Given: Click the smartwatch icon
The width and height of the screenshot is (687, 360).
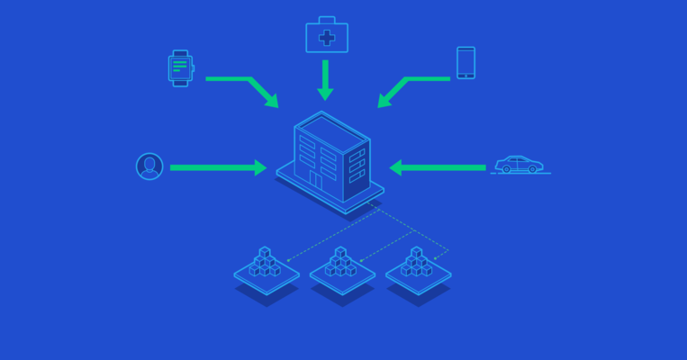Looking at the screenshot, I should pyautogui.click(x=180, y=67).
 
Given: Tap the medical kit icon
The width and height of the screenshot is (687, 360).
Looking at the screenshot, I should pyautogui.click(x=326, y=37).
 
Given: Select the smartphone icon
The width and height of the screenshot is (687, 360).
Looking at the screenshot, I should pyautogui.click(x=466, y=63).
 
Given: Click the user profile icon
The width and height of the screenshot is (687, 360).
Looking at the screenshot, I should pyautogui.click(x=149, y=166).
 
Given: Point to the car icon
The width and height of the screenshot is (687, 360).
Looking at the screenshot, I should pyautogui.click(x=520, y=165).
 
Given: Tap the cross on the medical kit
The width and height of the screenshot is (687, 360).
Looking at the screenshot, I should pyautogui.click(x=326, y=39).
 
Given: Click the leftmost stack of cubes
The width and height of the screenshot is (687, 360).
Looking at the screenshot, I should pyautogui.click(x=265, y=264).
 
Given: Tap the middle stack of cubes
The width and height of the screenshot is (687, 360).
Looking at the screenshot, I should pyautogui.click(x=340, y=264).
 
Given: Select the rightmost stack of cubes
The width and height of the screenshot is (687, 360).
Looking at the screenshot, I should pyautogui.click(x=417, y=264).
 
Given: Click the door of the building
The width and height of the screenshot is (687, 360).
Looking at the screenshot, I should pyautogui.click(x=315, y=180).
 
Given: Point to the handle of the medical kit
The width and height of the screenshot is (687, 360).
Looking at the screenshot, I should pyautogui.click(x=326, y=21).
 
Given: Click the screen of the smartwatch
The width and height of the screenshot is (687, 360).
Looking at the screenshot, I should pyautogui.click(x=180, y=67).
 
